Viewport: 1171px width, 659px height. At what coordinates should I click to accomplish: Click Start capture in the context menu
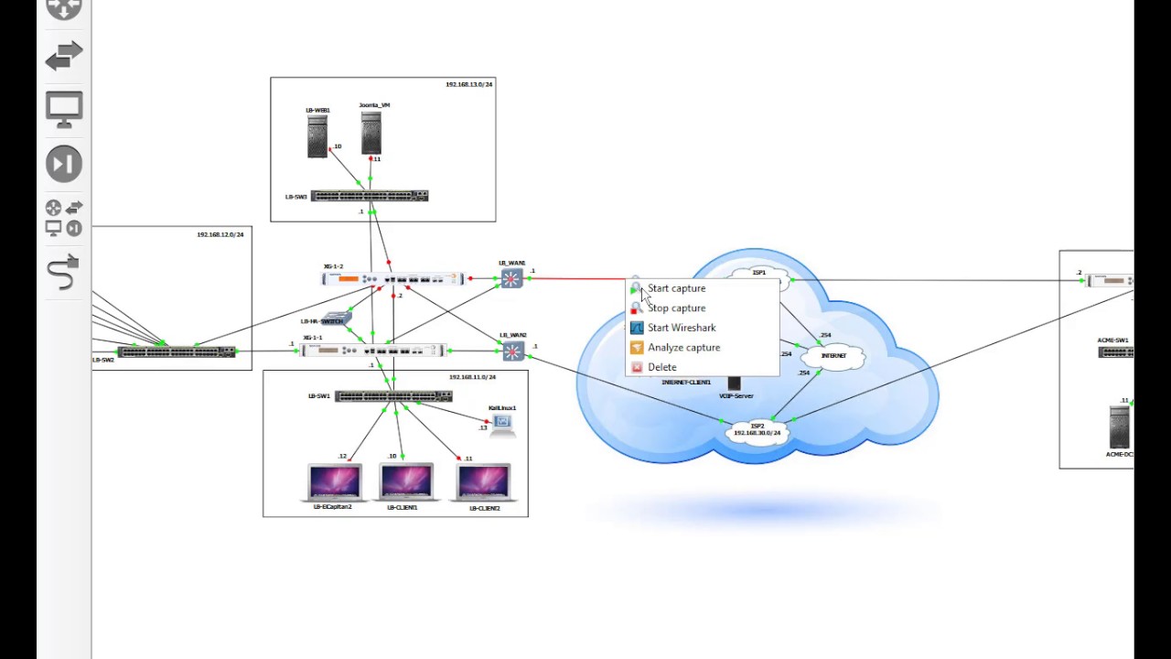pyautogui.click(x=676, y=288)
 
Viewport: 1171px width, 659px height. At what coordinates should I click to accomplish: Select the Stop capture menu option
pyautogui.click(x=676, y=308)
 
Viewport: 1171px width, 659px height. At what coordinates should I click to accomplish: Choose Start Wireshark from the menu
pyautogui.click(x=682, y=328)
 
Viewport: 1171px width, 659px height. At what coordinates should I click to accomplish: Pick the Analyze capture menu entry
pyautogui.click(x=683, y=348)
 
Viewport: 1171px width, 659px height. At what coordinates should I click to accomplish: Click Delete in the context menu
pyautogui.click(x=661, y=367)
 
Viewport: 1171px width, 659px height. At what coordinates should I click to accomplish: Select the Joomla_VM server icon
pyautogui.click(x=371, y=134)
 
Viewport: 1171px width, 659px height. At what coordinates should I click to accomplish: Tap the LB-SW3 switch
pyautogui.click(x=370, y=196)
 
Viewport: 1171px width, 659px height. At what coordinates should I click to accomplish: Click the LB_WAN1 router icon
pyautogui.click(x=511, y=278)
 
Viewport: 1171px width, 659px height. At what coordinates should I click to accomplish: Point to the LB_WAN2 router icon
pyautogui.click(x=512, y=351)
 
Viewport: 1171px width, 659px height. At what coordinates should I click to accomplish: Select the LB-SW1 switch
pyautogui.click(x=393, y=396)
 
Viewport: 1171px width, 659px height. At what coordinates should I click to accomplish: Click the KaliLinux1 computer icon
pyautogui.click(x=501, y=423)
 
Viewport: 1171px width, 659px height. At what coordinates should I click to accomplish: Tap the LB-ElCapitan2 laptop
pyautogui.click(x=334, y=482)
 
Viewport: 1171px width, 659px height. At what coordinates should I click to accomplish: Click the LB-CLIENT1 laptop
pyautogui.click(x=405, y=482)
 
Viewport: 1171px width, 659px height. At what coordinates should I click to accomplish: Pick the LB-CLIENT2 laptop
pyautogui.click(x=483, y=482)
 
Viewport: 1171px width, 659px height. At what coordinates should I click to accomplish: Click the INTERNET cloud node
pyautogui.click(x=833, y=355)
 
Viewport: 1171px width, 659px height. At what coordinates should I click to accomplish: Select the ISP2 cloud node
pyautogui.click(x=757, y=429)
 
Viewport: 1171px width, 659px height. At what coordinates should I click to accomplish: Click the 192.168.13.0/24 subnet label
pyautogui.click(x=468, y=84)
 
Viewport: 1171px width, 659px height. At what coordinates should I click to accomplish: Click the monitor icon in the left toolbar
pyautogui.click(x=64, y=110)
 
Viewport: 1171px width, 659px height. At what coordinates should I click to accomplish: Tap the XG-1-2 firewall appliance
pyautogui.click(x=393, y=278)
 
